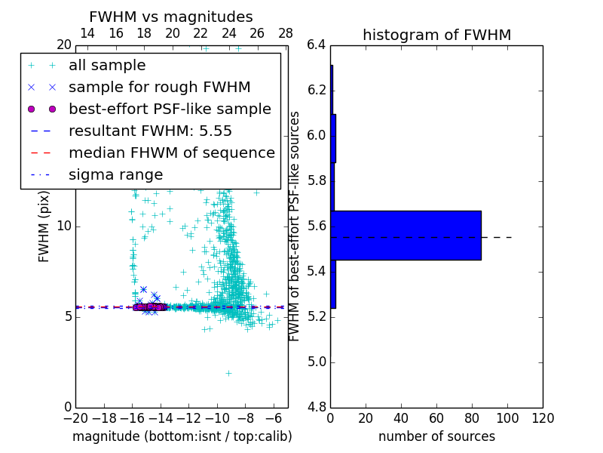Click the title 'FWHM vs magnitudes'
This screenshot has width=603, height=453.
tap(171, 17)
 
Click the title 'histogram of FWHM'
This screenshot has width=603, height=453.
tap(436, 35)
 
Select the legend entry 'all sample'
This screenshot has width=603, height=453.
tap(107, 66)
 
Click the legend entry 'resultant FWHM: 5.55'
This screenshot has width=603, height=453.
tap(150, 131)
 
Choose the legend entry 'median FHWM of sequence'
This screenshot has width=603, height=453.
tap(171, 153)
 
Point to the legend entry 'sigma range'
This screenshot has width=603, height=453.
tap(115, 175)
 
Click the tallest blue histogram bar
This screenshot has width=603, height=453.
tap(406, 235)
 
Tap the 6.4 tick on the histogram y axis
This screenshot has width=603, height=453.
tap(317, 45)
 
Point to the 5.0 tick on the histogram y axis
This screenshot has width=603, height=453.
tap(317, 362)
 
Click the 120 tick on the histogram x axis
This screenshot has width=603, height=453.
tap(543, 418)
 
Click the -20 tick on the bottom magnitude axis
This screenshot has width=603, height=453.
tap(75, 418)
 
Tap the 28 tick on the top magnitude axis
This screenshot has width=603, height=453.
tap(286, 33)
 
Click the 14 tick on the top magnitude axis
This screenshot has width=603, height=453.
tap(87, 33)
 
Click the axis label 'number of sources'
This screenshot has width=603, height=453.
tap(436, 436)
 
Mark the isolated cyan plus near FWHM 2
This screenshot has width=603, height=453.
tap(228, 373)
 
